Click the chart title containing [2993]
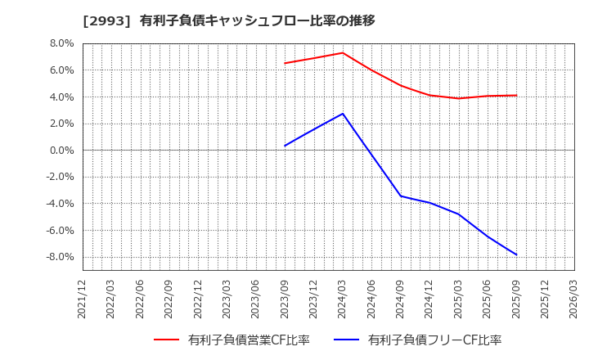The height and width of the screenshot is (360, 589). pos(228,20)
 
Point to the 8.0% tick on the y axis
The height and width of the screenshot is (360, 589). pos(62,43)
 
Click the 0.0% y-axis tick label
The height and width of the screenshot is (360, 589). pos(62,151)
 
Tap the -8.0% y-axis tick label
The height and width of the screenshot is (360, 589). pos(60,257)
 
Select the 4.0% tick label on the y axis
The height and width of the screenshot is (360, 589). pos(62,97)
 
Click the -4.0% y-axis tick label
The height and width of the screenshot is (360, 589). pos(60,204)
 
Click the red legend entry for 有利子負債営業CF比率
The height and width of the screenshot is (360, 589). pos(232,340)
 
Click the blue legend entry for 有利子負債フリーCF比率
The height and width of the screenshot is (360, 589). pos(417,340)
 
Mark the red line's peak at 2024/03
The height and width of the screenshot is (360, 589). pos(343,52)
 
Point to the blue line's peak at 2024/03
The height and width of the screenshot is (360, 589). pos(343,114)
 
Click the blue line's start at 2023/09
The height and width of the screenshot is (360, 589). pos(285,146)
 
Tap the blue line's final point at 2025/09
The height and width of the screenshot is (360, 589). pos(516,254)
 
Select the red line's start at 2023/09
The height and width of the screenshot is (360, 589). pos(285,63)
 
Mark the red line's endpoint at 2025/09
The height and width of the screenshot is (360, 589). pos(516,96)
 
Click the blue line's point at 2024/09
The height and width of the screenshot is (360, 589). pos(401,196)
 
